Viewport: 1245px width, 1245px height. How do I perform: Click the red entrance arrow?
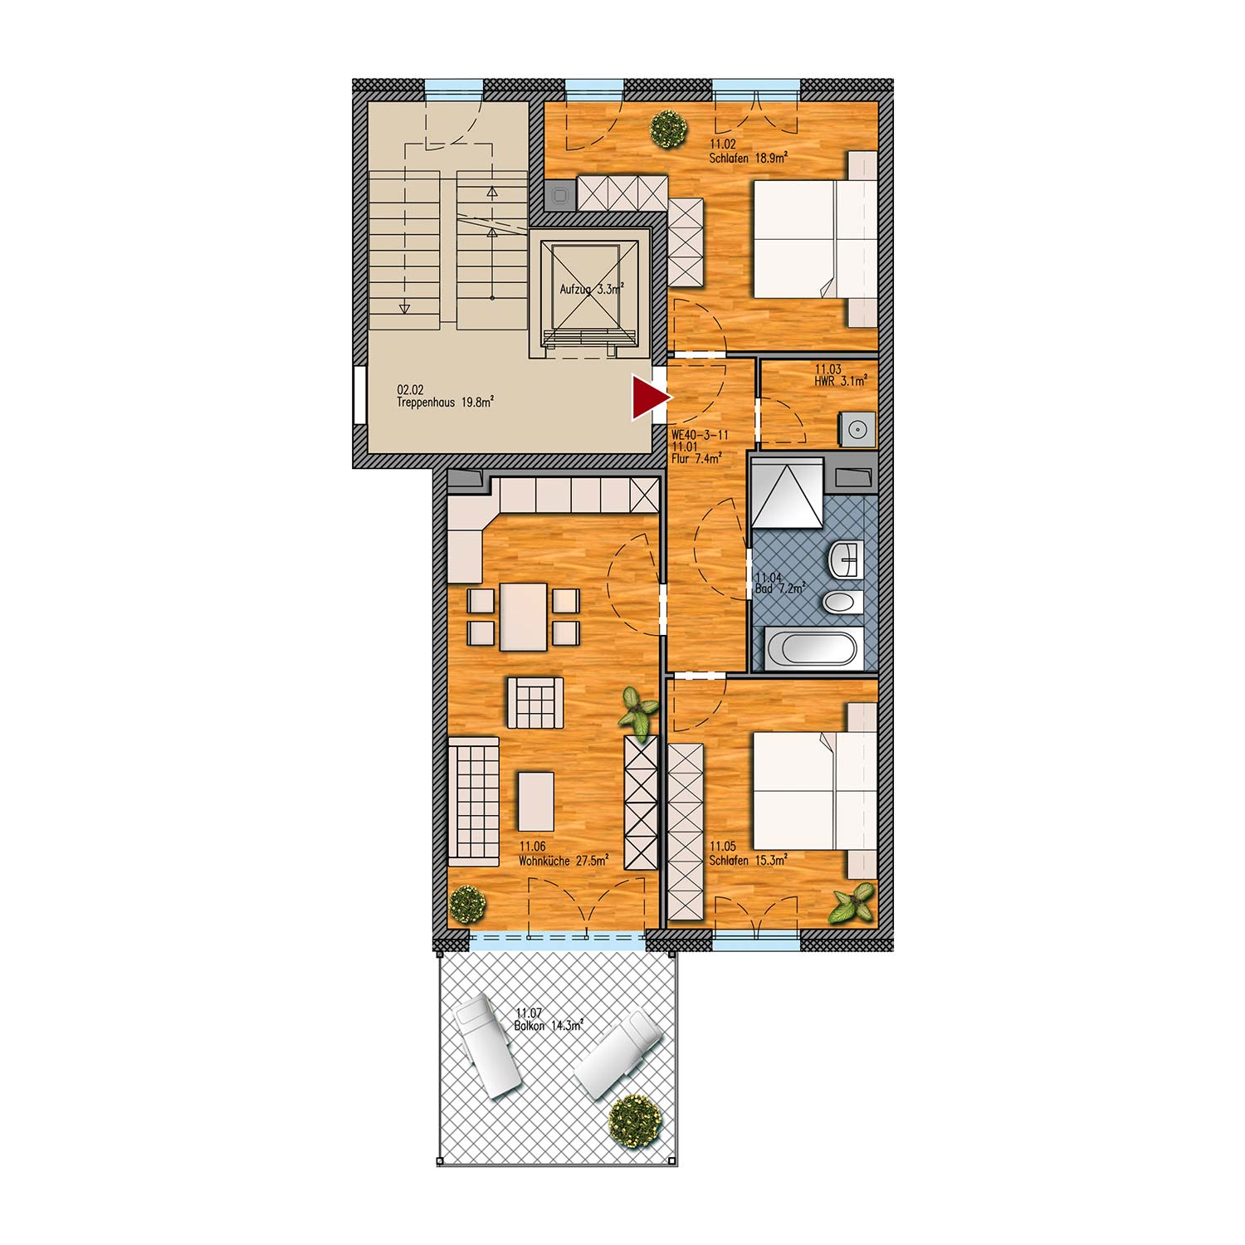coord(650,398)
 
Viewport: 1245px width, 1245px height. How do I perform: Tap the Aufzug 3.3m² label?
coord(591,290)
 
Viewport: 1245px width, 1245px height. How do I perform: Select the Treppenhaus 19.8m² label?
coord(445,403)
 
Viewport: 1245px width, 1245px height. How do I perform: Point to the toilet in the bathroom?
coord(843,602)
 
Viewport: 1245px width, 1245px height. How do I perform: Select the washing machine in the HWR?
coord(857,429)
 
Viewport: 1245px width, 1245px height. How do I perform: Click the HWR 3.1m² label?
coord(841,382)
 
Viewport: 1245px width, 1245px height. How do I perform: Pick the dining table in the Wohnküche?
coord(524,617)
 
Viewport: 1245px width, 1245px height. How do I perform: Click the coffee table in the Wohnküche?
coord(535,801)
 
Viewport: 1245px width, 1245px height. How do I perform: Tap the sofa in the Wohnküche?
coord(473,802)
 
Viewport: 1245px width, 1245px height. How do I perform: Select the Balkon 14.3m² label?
coord(549,1026)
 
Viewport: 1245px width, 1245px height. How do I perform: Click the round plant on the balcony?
coord(636,1121)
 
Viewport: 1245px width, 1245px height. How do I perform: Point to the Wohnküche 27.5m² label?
coord(564,861)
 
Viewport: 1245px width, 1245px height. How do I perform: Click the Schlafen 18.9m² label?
coord(748,158)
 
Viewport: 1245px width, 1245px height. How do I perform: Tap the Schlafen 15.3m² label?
coord(748,861)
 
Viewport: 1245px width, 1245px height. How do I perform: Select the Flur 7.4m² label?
coord(696,458)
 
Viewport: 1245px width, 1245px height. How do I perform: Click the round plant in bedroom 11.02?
coord(668,129)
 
